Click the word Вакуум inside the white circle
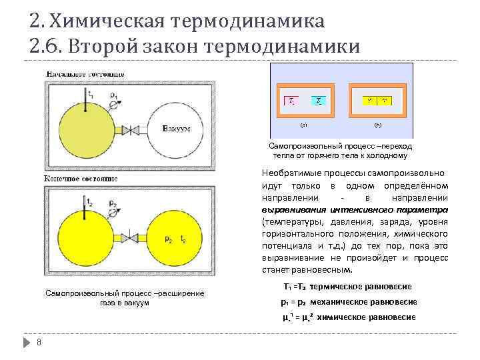(177, 129)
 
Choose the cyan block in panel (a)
(320, 101)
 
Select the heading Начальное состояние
(75, 72)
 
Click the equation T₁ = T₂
(293, 287)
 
